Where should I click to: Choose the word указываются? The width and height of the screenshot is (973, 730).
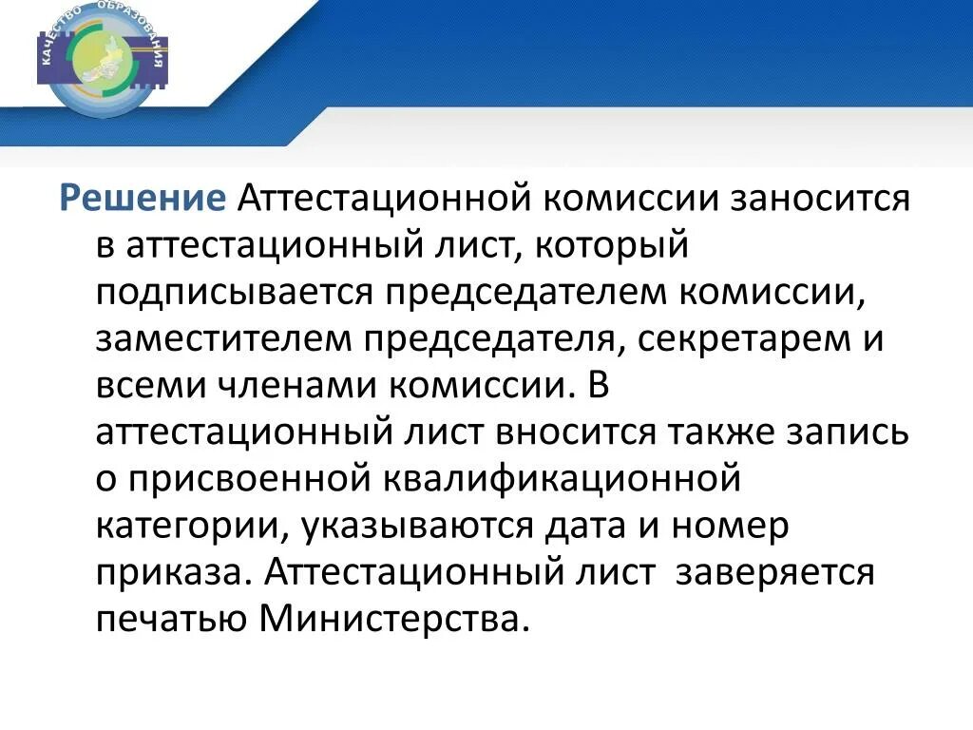click(x=409, y=525)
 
